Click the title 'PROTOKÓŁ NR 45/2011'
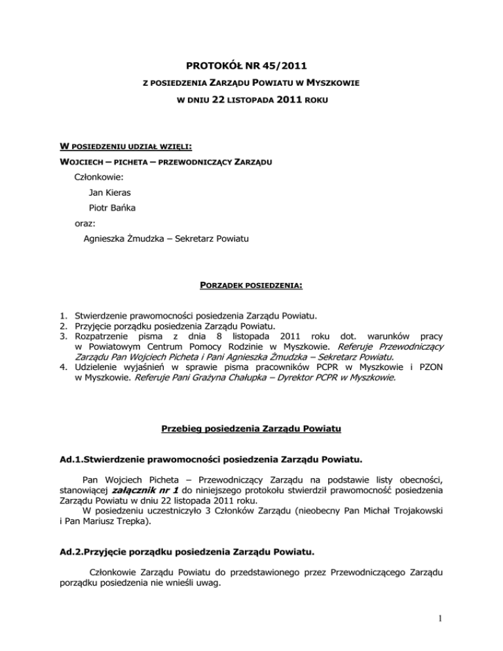coord(251,64)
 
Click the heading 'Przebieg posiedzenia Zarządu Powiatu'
coord(251,430)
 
